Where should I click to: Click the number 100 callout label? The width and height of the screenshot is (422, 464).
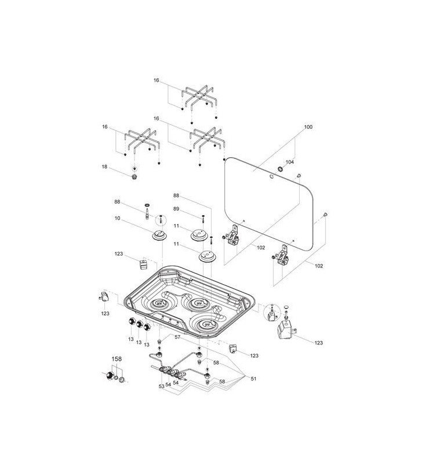pyautogui.click(x=308, y=126)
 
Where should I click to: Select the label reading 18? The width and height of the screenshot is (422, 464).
pyautogui.click(x=105, y=166)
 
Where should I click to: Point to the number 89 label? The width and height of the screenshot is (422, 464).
pyautogui.click(x=177, y=209)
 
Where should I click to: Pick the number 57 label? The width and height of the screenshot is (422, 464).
pyautogui.click(x=178, y=337)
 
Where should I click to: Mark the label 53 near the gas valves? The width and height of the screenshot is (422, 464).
pyautogui.click(x=161, y=385)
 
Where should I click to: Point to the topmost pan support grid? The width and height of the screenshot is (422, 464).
pyautogui.click(x=199, y=97)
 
